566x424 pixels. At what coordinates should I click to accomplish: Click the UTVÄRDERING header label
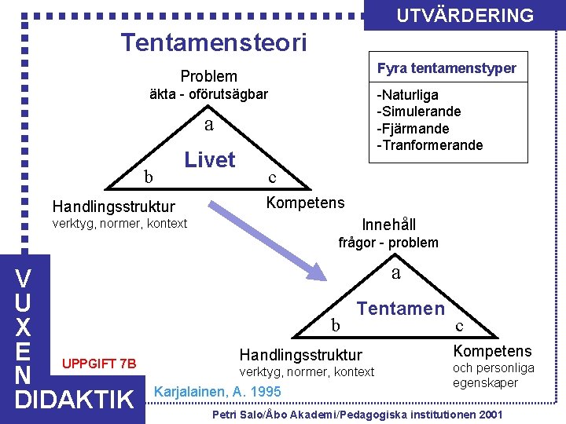pos(465,16)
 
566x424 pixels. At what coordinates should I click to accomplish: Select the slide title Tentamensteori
pos(213,42)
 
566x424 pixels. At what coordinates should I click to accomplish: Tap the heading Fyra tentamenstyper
pos(447,68)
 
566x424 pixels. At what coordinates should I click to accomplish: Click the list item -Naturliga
pos(408,95)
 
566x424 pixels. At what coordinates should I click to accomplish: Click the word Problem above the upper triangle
pos(208,76)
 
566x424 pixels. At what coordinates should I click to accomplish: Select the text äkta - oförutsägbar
pos(208,94)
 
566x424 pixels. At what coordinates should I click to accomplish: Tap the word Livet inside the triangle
pos(210,160)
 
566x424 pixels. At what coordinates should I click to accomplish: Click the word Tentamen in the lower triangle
pos(401,309)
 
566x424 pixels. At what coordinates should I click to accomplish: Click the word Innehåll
pos(389,224)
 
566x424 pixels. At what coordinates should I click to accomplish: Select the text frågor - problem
pos(388,243)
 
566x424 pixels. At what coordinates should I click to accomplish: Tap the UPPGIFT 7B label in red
pos(99,364)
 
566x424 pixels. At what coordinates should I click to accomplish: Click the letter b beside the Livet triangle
pos(148,177)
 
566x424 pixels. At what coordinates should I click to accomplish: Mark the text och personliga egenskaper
pos(493,375)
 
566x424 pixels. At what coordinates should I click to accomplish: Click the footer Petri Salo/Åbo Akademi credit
pos(358,414)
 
